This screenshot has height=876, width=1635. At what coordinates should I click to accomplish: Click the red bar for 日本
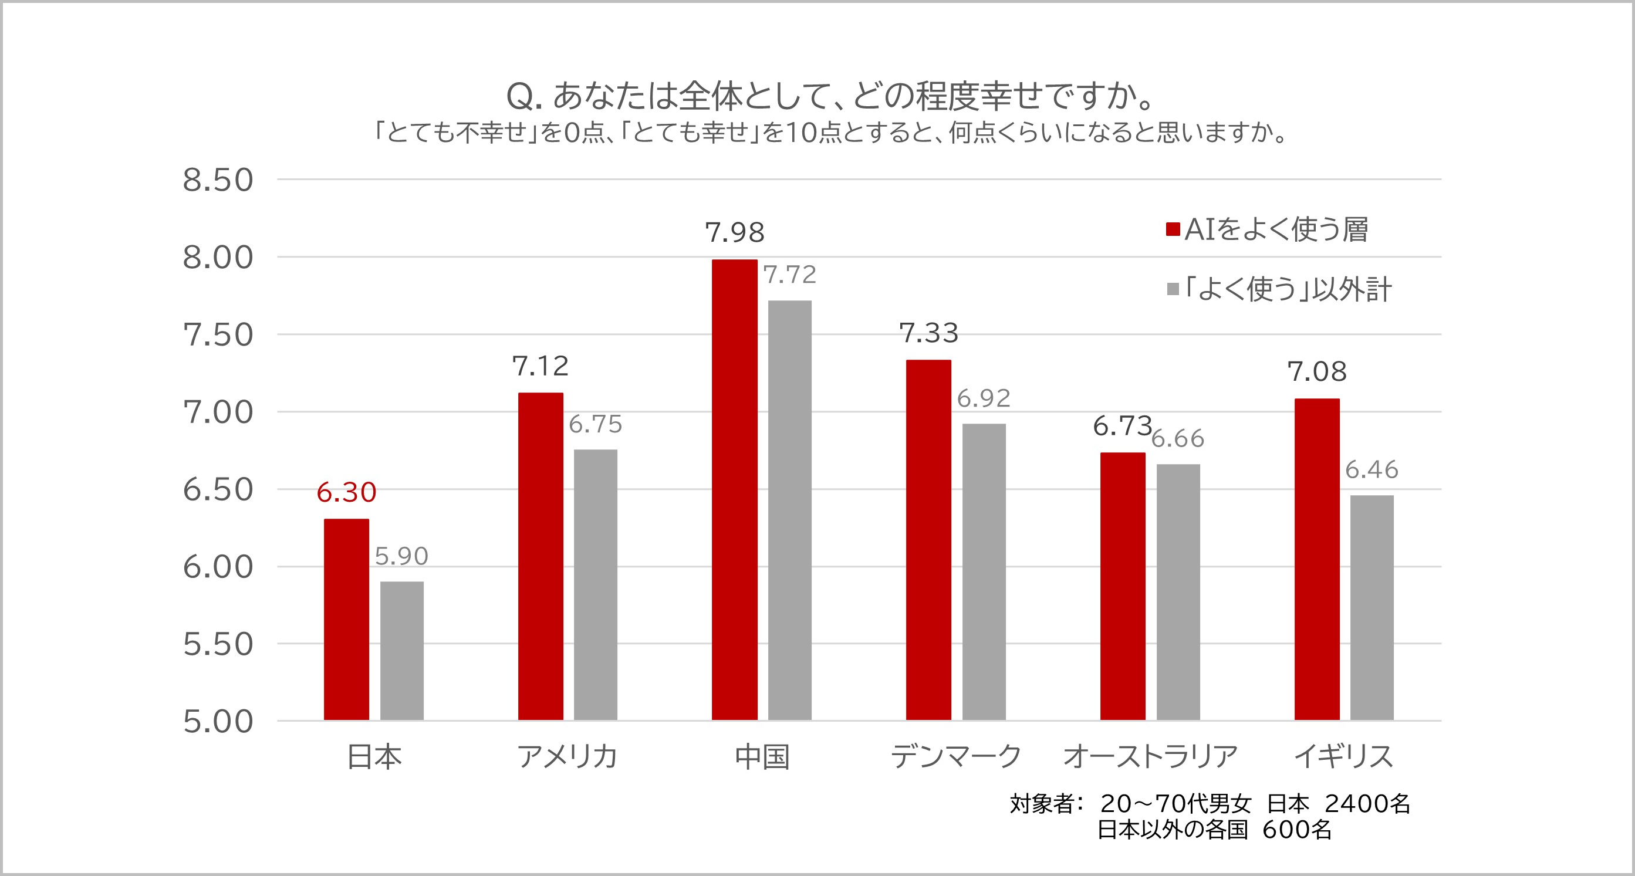click(x=347, y=619)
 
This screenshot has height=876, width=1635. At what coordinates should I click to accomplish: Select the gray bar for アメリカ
click(x=595, y=584)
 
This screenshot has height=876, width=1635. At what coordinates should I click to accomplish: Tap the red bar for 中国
click(x=734, y=489)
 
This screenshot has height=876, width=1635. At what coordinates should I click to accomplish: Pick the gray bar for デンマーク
click(x=984, y=571)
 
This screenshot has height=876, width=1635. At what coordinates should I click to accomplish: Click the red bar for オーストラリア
click(x=1123, y=586)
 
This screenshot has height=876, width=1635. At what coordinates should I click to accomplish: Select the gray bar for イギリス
click(x=1371, y=607)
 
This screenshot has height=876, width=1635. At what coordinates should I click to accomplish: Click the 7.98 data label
click(x=734, y=233)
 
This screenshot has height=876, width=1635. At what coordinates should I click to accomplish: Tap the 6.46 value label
click(x=1371, y=471)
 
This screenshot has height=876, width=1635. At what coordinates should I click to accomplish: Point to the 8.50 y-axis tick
click(x=218, y=180)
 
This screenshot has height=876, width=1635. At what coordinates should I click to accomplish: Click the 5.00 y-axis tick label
click(x=218, y=722)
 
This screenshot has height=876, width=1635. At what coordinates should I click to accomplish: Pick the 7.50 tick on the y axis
click(x=218, y=335)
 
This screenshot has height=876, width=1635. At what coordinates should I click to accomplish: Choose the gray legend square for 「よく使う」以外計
click(x=1173, y=289)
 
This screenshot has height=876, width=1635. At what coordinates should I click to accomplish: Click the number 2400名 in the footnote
click(x=1368, y=804)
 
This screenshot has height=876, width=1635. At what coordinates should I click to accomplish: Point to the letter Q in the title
click(x=519, y=96)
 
